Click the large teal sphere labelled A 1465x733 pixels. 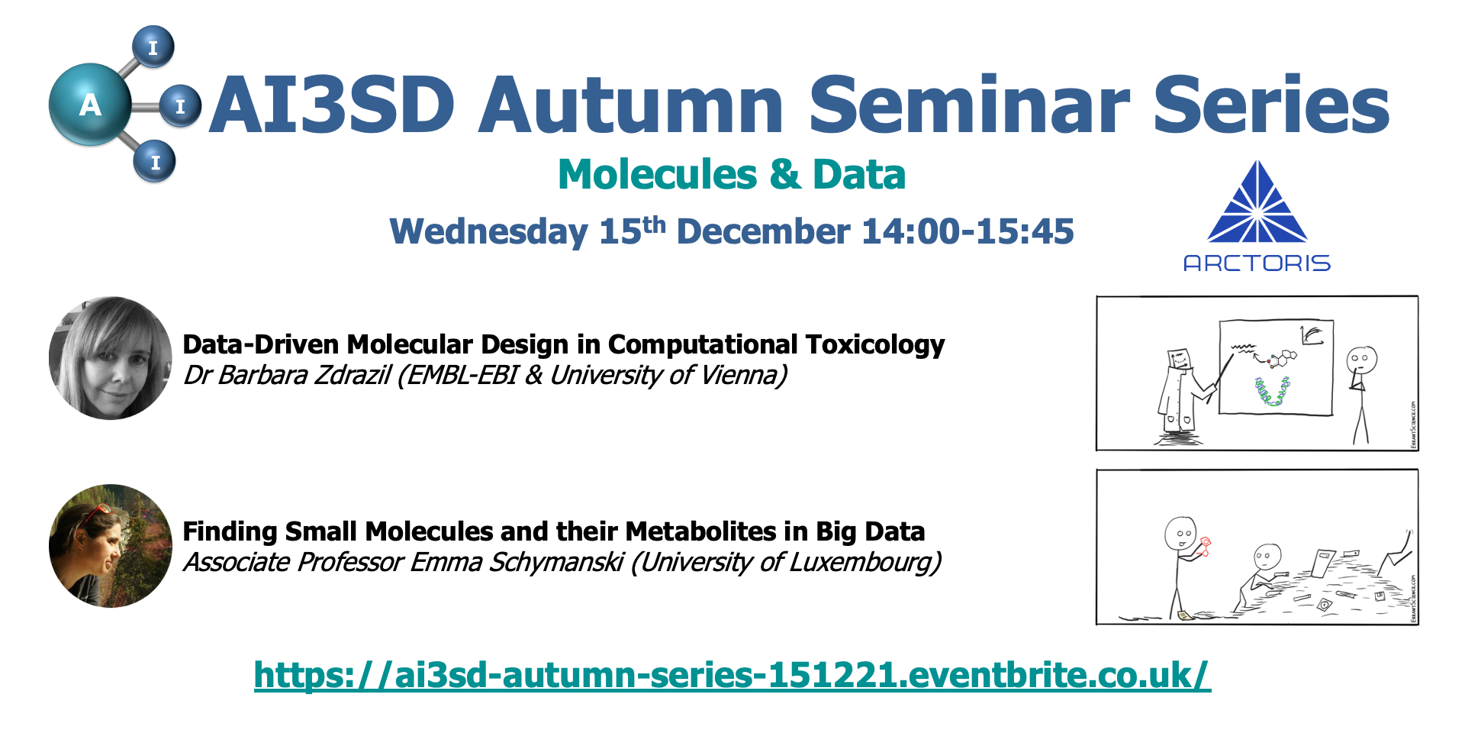(90, 105)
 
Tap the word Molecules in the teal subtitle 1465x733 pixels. (658, 174)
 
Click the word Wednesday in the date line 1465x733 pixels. (489, 232)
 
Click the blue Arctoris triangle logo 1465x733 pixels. (1257, 202)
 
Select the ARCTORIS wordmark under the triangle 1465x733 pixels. (1257, 263)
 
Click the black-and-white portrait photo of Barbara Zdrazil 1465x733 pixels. (111, 358)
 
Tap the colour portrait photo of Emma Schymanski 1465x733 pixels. (111, 546)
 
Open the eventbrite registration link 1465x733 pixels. (732, 675)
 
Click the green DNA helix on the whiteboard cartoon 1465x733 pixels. (1272, 391)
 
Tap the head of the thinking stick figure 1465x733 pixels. (1361, 359)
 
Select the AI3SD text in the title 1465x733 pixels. (333, 105)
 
